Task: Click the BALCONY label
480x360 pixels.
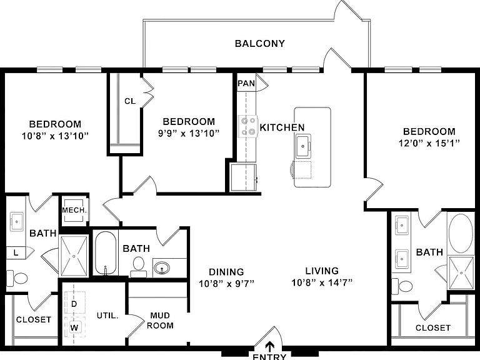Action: point(260,44)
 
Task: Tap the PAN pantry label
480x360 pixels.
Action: point(246,83)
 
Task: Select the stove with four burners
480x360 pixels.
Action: point(248,126)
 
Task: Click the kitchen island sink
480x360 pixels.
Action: point(303,146)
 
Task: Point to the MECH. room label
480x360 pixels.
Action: point(74,210)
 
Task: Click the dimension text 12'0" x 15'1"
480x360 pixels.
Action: point(429,143)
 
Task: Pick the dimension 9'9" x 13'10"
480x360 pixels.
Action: point(189,134)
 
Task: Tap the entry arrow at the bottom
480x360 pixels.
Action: point(270,347)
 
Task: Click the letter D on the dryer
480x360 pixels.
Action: point(74,304)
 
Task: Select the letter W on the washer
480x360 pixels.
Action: point(74,328)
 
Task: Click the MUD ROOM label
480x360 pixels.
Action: point(160,321)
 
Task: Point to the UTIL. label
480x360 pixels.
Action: point(107,316)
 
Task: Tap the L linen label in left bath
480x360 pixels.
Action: point(16,253)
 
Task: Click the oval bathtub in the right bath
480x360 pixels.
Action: point(461,233)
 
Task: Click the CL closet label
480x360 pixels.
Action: point(130,101)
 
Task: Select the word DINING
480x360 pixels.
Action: point(226,272)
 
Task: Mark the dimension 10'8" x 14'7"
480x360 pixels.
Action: point(322,282)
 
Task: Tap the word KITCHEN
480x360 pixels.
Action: point(282,127)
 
